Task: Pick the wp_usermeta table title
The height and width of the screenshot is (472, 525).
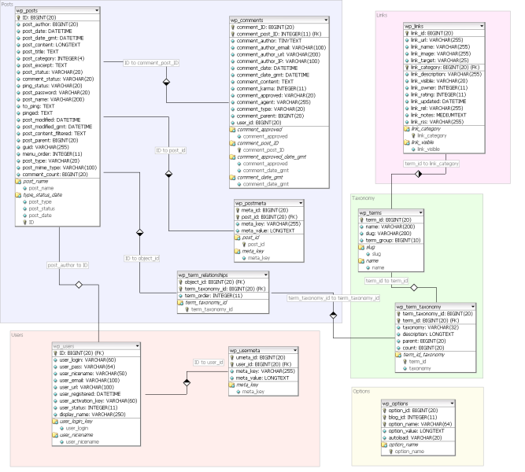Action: pos(250,350)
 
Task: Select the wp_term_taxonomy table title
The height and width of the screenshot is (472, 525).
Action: pos(424,305)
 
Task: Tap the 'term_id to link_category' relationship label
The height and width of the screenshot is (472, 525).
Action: pos(431,163)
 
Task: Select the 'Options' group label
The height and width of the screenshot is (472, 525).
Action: pos(362,390)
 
